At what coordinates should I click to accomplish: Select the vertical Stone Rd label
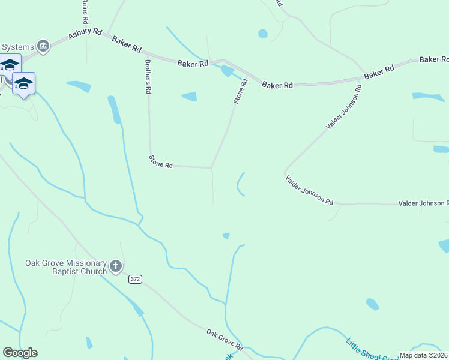[240, 91]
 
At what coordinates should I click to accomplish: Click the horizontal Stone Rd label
[161, 161]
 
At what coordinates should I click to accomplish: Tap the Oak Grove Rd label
[224, 340]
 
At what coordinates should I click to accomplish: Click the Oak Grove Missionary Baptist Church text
[65, 267]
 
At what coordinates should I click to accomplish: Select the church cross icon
[116, 266]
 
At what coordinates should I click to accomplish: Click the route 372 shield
[135, 280]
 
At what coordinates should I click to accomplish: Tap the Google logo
[20, 353]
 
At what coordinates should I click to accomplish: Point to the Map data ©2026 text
[423, 355]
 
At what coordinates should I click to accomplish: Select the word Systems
[17, 46]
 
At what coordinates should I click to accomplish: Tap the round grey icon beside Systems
[43, 46]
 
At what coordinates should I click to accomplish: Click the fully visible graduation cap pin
[23, 84]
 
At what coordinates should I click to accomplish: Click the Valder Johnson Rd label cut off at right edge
[423, 204]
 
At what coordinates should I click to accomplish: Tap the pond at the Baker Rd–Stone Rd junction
[227, 71]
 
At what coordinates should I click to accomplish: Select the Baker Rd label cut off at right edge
[434, 59]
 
